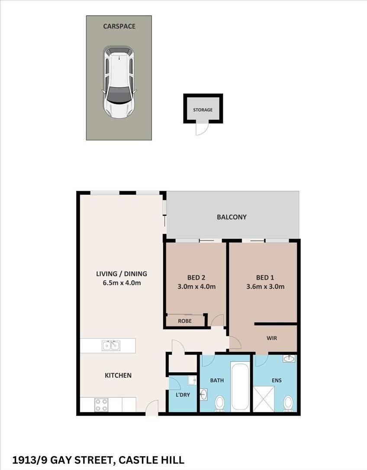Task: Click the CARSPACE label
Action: (119, 26)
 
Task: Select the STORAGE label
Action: (203, 110)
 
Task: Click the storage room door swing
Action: (201, 128)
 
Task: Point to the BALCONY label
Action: (232, 217)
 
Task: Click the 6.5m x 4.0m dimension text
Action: (122, 283)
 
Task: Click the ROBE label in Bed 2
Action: (185, 321)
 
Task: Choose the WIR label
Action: (272, 338)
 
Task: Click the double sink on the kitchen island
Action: (111, 345)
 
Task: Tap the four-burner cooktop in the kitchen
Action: (101, 405)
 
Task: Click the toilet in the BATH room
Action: (220, 403)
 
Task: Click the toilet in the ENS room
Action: (288, 404)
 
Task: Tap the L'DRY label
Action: (183, 395)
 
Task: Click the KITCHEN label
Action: (118, 375)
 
